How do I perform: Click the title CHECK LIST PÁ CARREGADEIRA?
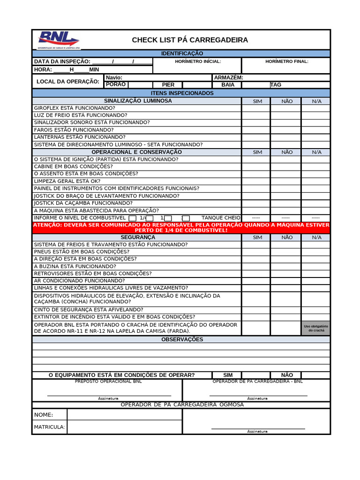pos(190,40)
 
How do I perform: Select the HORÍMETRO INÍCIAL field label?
pos(198,61)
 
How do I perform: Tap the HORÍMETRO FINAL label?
pos(286,61)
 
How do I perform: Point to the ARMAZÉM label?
pos(228,77)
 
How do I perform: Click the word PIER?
pos(168,85)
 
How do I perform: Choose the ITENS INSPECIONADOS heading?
pos(182,93)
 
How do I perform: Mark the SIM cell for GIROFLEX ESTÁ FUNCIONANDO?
pos(256,108)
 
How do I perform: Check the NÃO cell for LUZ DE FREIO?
pos(285,115)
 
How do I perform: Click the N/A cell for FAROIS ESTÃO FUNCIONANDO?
pos(315,130)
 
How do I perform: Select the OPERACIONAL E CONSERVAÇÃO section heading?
pos(136,152)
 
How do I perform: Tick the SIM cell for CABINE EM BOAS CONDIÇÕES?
pos(256,166)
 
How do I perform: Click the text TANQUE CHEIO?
pos(221,218)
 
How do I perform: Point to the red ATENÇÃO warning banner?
pos(181,227)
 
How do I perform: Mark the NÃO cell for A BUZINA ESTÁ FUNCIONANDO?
pos(285,266)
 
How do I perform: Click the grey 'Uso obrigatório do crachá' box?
pos(315,328)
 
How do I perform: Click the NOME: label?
pos(44,415)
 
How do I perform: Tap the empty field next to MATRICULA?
pos(124,427)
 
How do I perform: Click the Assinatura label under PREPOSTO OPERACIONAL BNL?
pos(108,398)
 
